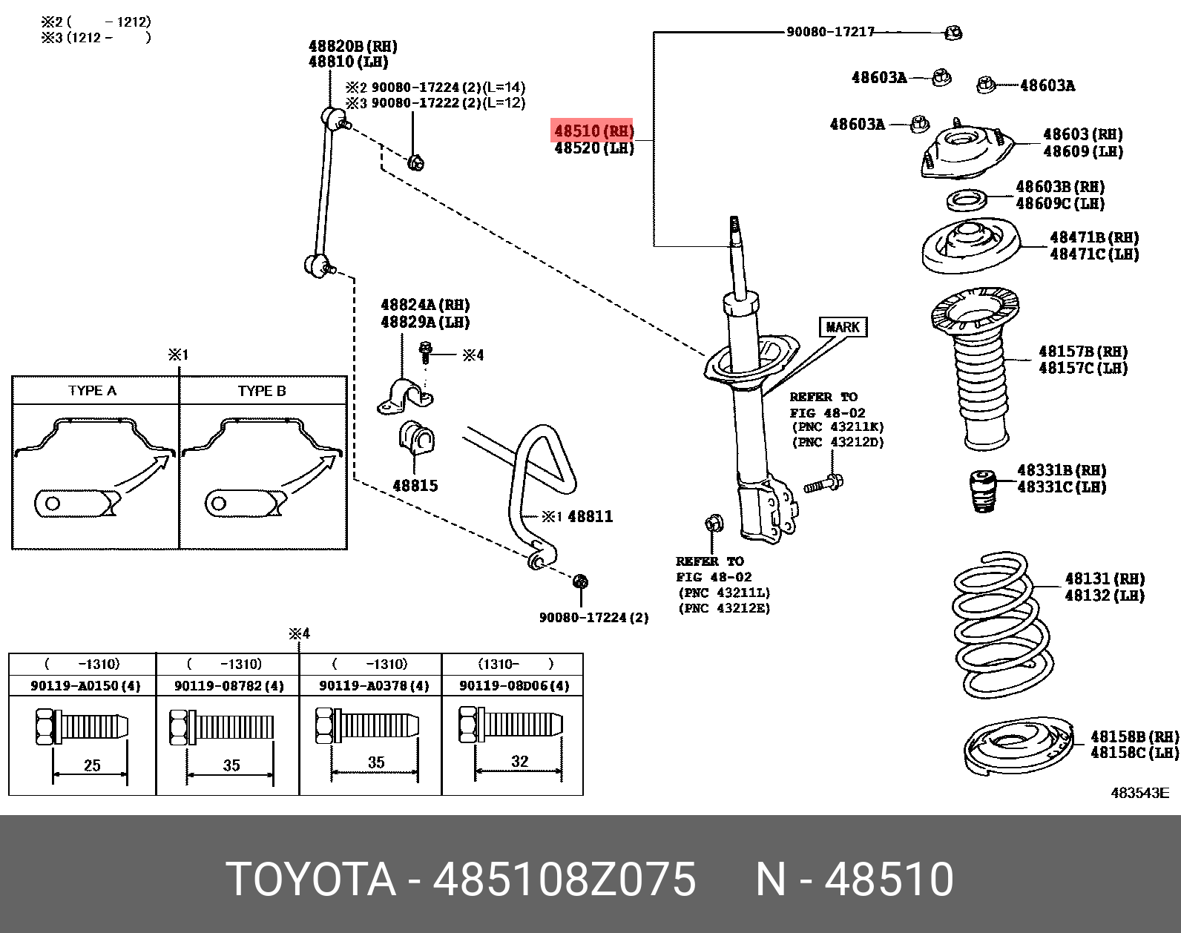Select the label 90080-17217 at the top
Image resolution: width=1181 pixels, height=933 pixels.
pyautogui.click(x=829, y=32)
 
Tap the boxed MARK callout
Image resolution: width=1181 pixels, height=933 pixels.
pyautogui.click(x=843, y=327)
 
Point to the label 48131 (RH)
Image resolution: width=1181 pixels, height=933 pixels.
pyautogui.click(x=1105, y=578)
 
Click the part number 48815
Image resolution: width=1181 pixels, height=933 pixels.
pyautogui.click(x=415, y=486)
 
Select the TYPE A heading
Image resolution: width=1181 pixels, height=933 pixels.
pyautogui.click(x=92, y=391)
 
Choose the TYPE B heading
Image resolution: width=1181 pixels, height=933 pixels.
pyautogui.click(x=262, y=391)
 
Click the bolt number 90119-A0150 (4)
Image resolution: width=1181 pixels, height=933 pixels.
pyautogui.click(x=85, y=685)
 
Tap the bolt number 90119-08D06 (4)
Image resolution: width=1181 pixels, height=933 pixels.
pyautogui.click(x=514, y=685)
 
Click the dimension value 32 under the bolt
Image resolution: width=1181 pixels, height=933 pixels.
pyautogui.click(x=519, y=761)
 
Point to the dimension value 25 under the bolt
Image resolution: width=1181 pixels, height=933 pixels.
pyautogui.click(x=92, y=765)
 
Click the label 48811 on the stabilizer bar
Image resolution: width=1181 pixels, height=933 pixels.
pyautogui.click(x=590, y=516)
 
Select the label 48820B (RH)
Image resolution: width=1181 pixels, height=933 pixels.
pyautogui.click(x=352, y=46)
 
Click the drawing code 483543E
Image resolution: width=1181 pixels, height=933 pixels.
pyautogui.click(x=1139, y=793)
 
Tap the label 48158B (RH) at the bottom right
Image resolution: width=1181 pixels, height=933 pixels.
pyautogui.click(x=1134, y=736)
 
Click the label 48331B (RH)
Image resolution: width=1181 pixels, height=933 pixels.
pyautogui.click(x=1062, y=470)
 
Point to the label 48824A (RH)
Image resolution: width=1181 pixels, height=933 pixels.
pyautogui.click(x=425, y=305)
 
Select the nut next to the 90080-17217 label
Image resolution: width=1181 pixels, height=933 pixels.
pyautogui.click(x=954, y=32)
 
